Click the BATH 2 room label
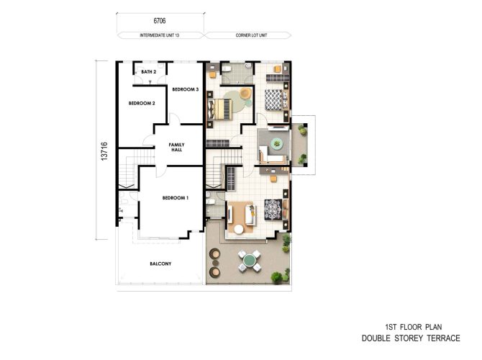tap(149, 73)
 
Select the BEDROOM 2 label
tap(142, 104)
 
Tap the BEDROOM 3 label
tap(185, 89)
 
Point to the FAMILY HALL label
tap(176, 148)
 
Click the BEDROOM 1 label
tap(175, 197)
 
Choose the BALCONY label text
tap(160, 264)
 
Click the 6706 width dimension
tap(160, 22)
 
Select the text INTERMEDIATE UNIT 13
tap(160, 35)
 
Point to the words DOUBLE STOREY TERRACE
tap(411, 338)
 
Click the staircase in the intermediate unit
tap(127, 173)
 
